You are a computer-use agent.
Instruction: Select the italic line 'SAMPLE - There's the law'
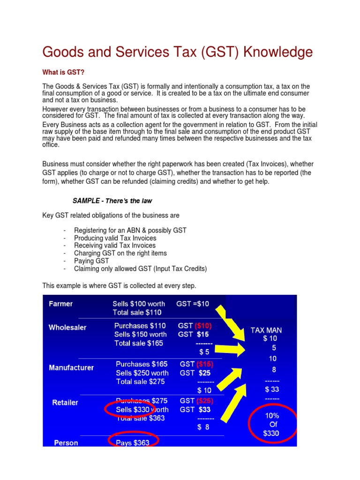pyautogui.click(x=112, y=201)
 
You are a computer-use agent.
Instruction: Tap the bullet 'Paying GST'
pyautogui.click(x=91, y=261)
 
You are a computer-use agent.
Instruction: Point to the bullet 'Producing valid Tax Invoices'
pyautogui.click(x=115, y=238)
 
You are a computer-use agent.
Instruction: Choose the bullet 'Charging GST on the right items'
pyautogui.click(x=120, y=253)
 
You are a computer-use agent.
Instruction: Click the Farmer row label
pyautogui.click(x=61, y=304)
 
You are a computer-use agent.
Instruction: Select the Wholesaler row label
pyautogui.click(x=67, y=328)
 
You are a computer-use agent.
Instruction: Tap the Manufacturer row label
pyautogui.click(x=71, y=368)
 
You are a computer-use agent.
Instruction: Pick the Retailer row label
pyautogui.click(x=65, y=403)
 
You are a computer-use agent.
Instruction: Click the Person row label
pyautogui.click(x=66, y=442)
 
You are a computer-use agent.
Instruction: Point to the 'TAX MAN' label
pyautogui.click(x=266, y=330)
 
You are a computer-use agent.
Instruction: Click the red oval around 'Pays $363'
pyautogui.click(x=134, y=441)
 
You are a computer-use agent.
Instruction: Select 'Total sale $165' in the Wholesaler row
pyautogui.click(x=139, y=343)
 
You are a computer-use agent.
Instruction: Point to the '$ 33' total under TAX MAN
pyautogui.click(x=272, y=389)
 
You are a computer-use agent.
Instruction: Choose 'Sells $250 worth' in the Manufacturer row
pyautogui.click(x=142, y=373)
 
